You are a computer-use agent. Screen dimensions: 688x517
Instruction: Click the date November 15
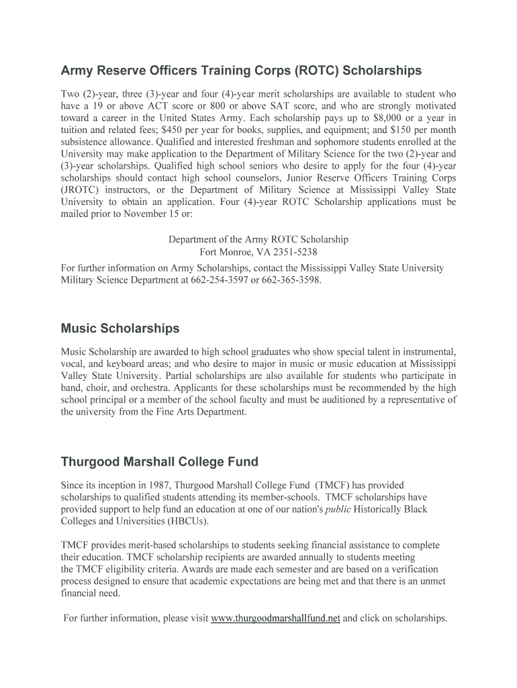[142, 214]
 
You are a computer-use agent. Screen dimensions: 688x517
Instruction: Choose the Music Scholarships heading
[120, 329]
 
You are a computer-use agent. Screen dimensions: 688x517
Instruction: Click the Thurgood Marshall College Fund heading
[159, 462]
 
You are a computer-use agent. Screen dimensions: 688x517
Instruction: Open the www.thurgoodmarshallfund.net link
[275, 619]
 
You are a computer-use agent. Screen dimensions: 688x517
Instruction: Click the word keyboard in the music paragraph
[127, 364]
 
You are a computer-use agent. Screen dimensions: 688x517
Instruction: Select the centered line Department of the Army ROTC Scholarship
[258, 240]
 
